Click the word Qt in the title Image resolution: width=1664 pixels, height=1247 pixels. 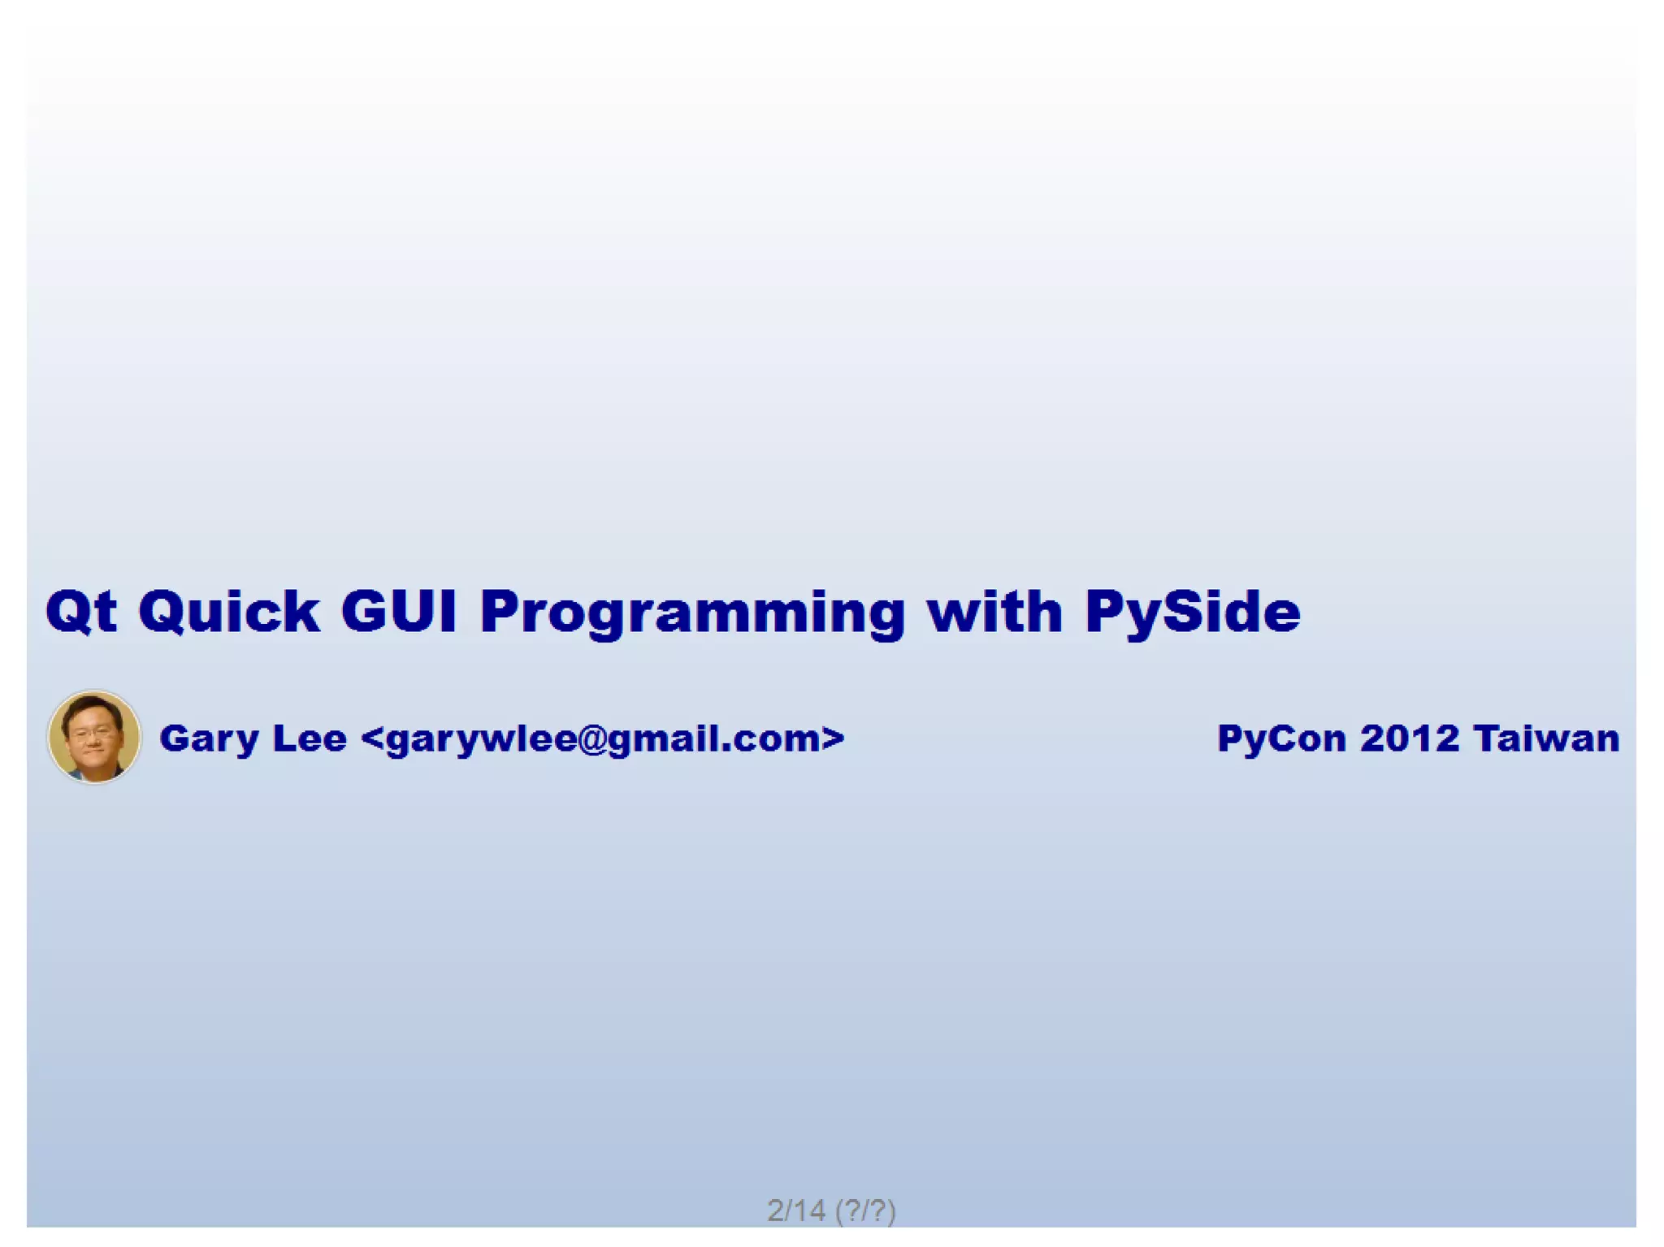tap(81, 611)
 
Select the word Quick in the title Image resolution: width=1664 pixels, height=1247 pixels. tap(228, 611)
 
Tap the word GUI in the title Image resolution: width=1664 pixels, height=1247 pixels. tap(398, 611)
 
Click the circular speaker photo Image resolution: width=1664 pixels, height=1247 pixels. tap(94, 737)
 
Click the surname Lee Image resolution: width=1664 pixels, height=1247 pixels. tap(310, 738)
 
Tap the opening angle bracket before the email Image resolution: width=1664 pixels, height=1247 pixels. tap(371, 738)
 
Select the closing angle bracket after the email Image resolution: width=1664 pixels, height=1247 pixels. tap(833, 738)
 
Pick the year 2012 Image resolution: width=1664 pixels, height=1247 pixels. tap(1409, 738)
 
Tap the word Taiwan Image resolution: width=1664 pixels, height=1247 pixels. tap(1546, 738)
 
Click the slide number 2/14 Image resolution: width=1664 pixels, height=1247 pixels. tap(795, 1210)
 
